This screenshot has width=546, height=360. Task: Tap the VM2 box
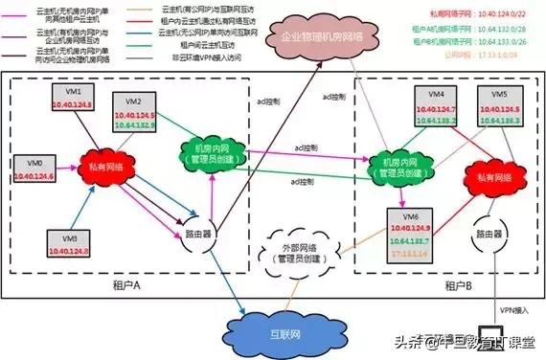click(134, 113)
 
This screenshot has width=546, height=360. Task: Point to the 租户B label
click(451, 288)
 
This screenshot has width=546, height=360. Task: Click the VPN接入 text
click(512, 309)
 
